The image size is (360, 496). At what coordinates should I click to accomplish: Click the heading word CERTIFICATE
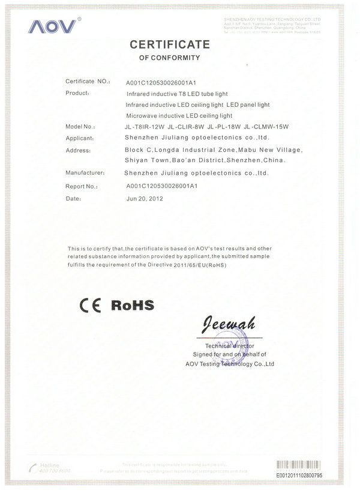pos(169,44)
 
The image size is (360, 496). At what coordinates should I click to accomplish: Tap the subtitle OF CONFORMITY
pos(169,58)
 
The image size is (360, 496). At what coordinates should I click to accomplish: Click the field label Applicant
pos(81,139)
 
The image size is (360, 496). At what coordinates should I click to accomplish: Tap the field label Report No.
pos(82,186)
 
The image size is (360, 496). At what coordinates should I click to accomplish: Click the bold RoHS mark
pos(133,304)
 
